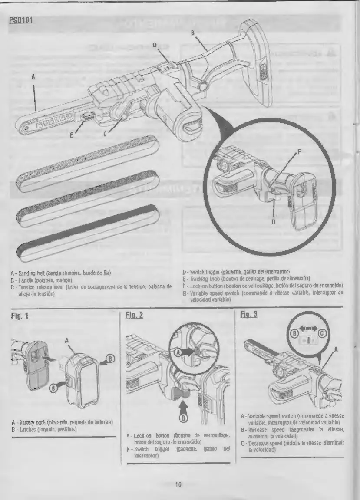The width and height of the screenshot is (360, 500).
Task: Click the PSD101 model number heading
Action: tap(21, 20)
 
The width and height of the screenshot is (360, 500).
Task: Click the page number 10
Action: tap(178, 484)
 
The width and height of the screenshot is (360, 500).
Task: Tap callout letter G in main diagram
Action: tap(154, 45)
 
